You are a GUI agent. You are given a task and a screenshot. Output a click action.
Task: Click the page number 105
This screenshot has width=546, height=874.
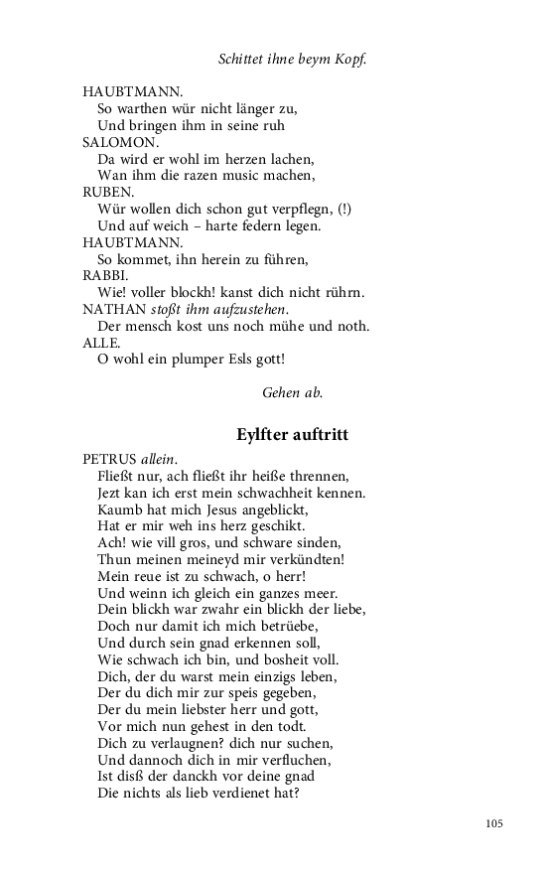point(494,823)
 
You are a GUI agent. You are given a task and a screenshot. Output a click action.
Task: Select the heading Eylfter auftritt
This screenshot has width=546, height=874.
point(292,435)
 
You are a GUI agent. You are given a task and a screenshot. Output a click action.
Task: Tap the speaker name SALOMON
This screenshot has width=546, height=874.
point(113,141)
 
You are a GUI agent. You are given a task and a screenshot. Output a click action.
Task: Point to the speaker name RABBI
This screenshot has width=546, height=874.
point(104,275)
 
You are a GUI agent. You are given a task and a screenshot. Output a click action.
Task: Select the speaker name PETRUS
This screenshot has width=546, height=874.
point(109,459)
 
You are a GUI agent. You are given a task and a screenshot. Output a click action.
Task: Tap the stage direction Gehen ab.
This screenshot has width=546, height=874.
point(292,392)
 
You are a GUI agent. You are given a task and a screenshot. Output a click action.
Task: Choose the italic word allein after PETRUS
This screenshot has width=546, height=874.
point(156,459)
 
